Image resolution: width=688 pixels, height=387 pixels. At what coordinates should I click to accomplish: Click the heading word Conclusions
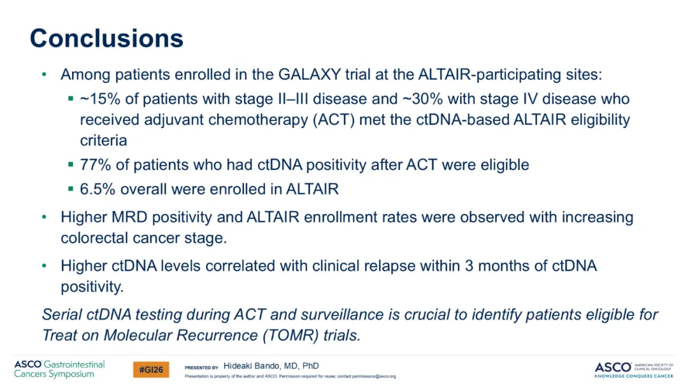click(106, 38)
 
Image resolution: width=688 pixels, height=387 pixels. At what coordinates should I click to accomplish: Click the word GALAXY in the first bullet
click(310, 74)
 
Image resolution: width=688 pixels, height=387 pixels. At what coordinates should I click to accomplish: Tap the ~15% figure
click(100, 99)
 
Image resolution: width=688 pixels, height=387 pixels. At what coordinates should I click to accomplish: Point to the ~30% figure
click(422, 99)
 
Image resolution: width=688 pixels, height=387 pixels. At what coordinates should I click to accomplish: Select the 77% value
click(95, 165)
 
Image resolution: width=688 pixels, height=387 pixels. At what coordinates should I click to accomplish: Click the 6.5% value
click(97, 189)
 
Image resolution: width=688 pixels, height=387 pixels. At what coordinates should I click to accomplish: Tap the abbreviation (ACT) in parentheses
click(333, 120)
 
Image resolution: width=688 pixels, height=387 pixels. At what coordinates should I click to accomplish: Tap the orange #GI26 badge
click(151, 370)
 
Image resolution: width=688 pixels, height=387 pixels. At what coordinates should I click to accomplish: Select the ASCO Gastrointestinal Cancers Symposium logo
click(59, 369)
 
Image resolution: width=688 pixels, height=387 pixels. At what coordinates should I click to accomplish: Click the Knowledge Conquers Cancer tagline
click(634, 376)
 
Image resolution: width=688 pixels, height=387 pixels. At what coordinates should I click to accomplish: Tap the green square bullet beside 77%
click(71, 164)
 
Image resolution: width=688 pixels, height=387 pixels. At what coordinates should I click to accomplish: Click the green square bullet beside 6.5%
click(71, 189)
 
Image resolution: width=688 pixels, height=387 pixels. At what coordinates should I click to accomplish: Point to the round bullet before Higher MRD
click(44, 217)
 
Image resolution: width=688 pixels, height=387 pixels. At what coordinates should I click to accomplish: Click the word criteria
click(104, 141)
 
